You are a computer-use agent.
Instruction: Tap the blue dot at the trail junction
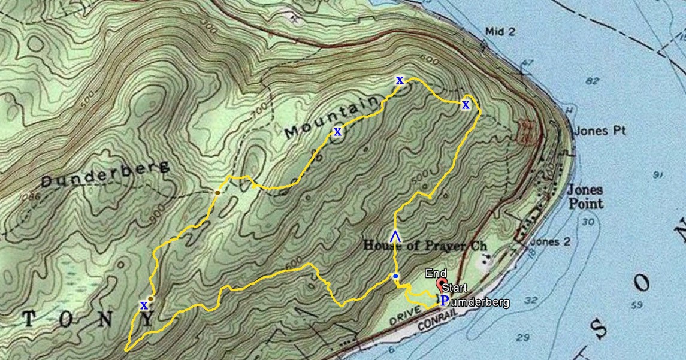[395, 276]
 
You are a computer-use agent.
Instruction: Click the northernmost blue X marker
[400, 80]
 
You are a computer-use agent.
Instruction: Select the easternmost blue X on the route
[466, 105]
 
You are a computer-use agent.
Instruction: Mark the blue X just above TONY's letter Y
[144, 305]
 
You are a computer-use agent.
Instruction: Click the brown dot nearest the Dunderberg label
[217, 192]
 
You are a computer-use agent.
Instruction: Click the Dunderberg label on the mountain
[105, 174]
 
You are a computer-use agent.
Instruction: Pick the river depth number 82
[593, 81]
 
